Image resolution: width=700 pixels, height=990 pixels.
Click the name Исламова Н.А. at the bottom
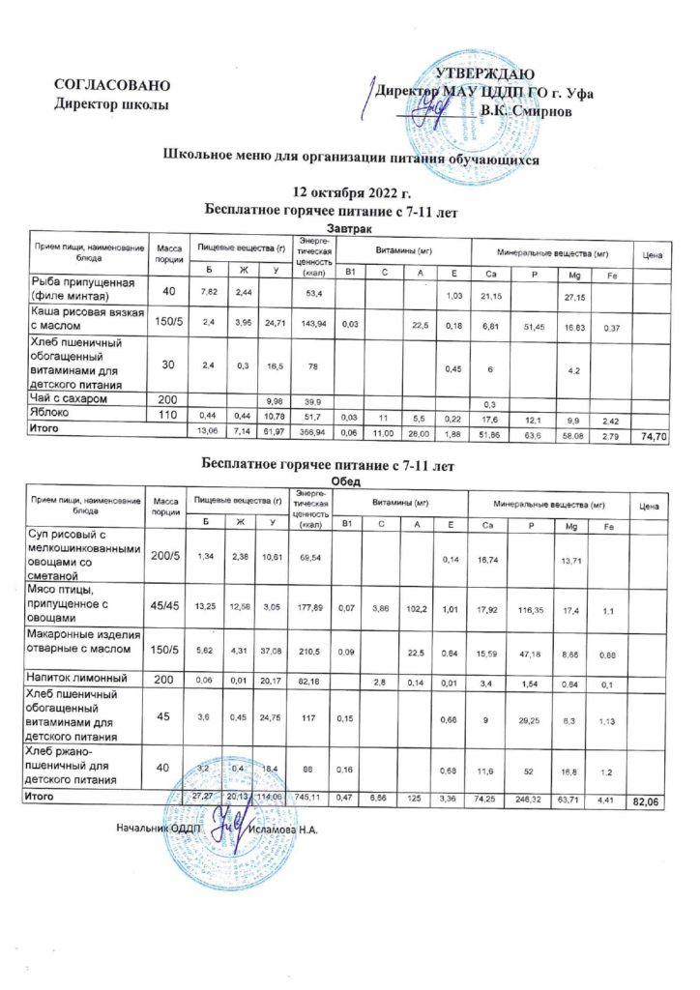[x=283, y=829]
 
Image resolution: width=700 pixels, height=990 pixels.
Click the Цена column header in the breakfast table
[x=652, y=255]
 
